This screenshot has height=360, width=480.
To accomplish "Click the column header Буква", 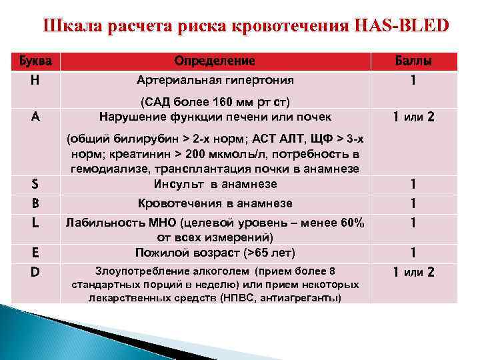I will coord(33,61).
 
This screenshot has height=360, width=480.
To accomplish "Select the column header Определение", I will coord(215,61).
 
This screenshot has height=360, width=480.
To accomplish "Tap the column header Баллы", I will coord(413,61).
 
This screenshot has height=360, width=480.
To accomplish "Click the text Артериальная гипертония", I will coord(215,81).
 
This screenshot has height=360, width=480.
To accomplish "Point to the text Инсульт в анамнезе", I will coord(215,184).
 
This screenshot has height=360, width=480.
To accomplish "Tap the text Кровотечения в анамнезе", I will coord(215,203).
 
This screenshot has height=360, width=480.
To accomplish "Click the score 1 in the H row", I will coord(414,81).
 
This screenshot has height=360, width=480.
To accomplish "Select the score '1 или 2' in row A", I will coord(414,117).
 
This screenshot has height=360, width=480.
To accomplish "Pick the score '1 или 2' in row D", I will coord(414,272).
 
